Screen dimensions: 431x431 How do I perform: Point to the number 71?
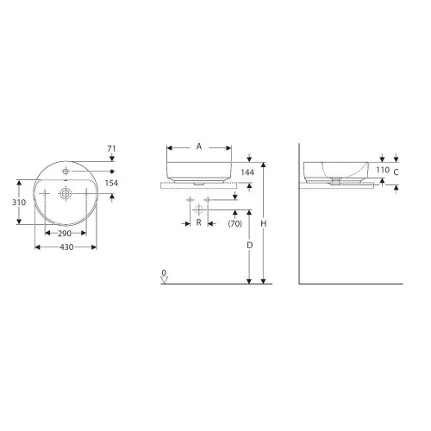tap(111, 149)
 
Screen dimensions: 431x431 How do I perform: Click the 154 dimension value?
tap(112, 184)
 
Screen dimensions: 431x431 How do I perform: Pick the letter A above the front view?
tap(199, 147)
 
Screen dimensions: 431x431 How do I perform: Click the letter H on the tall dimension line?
tap(264, 222)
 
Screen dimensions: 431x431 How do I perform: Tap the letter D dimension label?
tap(250, 245)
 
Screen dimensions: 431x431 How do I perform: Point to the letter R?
tap(199, 222)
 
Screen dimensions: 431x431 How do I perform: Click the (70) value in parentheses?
tap(234, 224)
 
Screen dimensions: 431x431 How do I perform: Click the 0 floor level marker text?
tap(164, 272)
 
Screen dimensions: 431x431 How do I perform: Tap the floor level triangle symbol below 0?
tap(164, 279)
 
